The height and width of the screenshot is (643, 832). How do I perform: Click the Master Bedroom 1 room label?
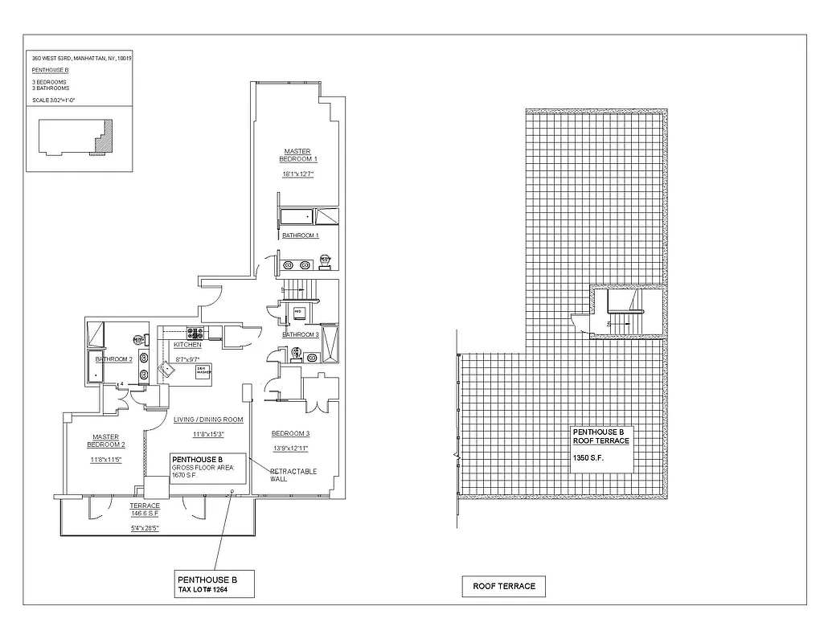tap(297, 155)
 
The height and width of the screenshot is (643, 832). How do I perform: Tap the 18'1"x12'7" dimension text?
tap(297, 174)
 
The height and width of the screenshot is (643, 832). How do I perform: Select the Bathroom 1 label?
tap(301, 235)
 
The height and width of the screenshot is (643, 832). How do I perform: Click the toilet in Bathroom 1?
tap(325, 260)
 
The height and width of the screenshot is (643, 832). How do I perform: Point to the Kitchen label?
tap(187, 345)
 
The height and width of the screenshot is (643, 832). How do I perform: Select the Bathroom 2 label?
tap(113, 359)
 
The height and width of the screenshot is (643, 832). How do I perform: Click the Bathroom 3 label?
tap(301, 334)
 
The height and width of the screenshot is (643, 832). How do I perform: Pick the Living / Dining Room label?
tap(208, 420)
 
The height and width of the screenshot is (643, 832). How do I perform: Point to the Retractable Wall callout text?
tap(293, 475)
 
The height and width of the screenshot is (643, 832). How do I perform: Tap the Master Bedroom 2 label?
tap(106, 441)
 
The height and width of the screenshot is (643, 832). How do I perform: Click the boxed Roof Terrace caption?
tap(504, 586)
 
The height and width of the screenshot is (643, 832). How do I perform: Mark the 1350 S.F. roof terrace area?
tap(588, 457)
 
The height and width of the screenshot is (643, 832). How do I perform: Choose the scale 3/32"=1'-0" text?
tap(54, 100)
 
